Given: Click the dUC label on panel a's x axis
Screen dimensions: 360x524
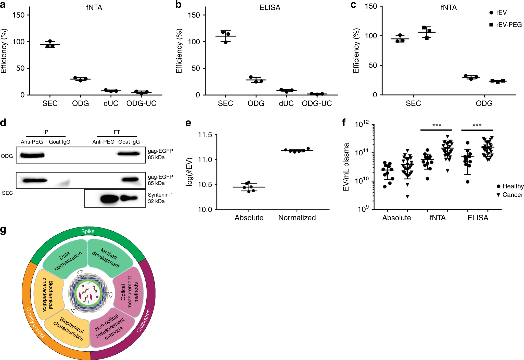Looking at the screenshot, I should pos(111,103).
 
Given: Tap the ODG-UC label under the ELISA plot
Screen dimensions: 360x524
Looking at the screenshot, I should pos(317,103).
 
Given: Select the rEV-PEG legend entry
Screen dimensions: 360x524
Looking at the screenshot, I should pos(506,25).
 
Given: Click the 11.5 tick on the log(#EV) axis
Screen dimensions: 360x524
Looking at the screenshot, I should pos(205,135).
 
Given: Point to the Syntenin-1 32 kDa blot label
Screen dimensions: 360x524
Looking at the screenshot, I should pos(160,198).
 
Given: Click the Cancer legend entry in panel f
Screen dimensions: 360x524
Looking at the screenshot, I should pos(510,195).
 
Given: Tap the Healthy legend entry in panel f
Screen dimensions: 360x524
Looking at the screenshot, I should pos(510,186).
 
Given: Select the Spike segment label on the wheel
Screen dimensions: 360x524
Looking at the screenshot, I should pos(88,231).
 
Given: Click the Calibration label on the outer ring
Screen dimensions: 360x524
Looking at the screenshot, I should pos(144,321).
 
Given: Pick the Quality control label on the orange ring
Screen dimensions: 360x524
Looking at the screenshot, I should pos(35,323).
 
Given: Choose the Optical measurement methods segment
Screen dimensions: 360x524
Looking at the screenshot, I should pos(130,292).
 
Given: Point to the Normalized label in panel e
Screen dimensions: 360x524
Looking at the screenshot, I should pos(297,218).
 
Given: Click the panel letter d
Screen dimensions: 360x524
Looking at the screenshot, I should pos(3,123).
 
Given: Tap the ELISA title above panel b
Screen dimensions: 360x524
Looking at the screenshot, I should pos(270,8).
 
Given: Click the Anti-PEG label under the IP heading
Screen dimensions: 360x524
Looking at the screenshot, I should pos(32,142).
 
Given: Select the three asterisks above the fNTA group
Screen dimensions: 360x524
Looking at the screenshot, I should pos(437,125).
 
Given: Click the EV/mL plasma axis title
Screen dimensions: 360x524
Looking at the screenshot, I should pos(346,167).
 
